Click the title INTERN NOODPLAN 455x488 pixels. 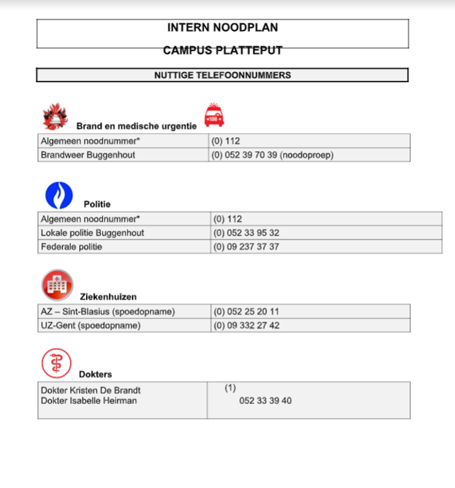tap(222, 28)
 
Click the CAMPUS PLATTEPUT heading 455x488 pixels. tap(222, 50)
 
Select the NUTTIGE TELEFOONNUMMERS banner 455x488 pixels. tap(222, 75)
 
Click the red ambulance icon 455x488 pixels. tap(214, 115)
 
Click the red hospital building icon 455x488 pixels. tap(57, 284)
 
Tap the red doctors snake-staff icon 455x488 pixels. tap(56, 363)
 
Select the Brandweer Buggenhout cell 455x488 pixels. tap(88, 155)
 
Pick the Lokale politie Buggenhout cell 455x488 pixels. tap(92, 233)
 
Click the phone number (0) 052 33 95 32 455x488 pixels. tap(246, 233)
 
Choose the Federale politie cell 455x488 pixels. tap(72, 247)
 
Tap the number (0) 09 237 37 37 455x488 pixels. tap(246, 247)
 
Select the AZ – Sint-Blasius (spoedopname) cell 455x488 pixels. tap(108, 312)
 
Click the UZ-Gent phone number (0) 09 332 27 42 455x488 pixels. tap(246, 326)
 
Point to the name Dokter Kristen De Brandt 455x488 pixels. tap(90, 390)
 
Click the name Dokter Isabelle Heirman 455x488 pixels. tap(89, 401)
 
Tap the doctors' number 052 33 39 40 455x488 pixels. tap(265, 401)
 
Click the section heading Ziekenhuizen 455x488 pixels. tap(108, 297)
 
